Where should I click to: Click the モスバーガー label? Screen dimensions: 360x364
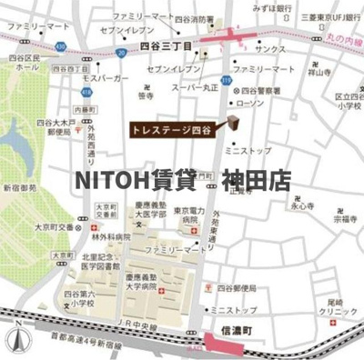[101, 80]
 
